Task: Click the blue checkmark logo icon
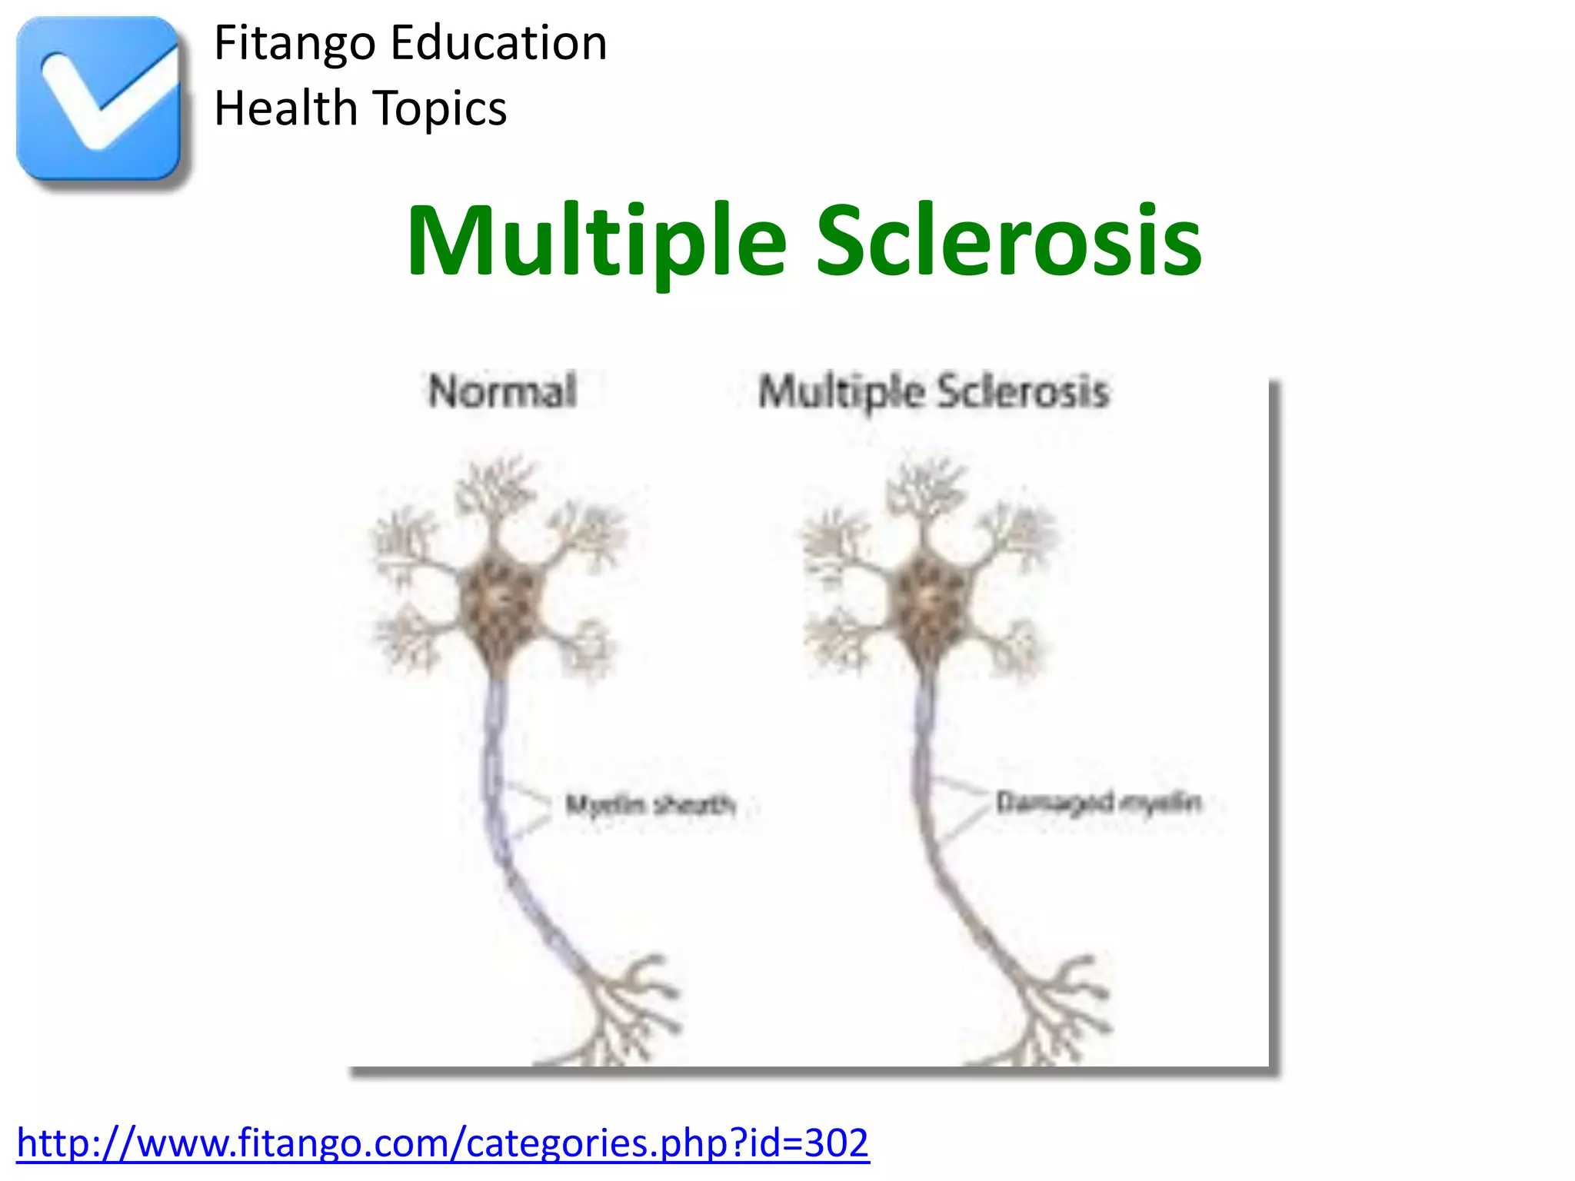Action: click(x=98, y=98)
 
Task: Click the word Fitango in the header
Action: click(x=295, y=44)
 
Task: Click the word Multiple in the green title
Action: click(x=597, y=241)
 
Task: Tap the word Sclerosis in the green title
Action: click(x=1008, y=241)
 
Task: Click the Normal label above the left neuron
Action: click(x=502, y=391)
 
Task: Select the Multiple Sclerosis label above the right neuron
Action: click(x=934, y=392)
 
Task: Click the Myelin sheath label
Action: click(x=651, y=805)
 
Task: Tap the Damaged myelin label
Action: click(x=1098, y=803)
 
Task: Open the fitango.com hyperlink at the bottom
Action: click(x=442, y=1143)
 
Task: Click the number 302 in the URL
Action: click(x=837, y=1143)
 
